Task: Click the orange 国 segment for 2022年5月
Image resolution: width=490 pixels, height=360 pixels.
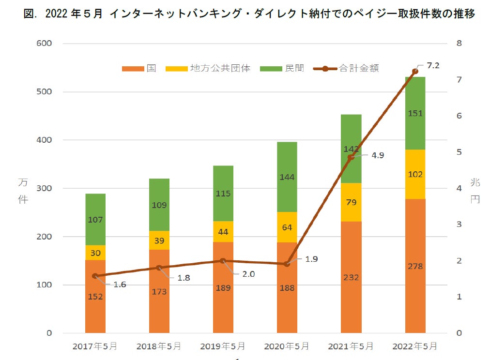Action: tap(415, 266)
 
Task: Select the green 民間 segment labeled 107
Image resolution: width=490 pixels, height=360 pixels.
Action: tap(95, 219)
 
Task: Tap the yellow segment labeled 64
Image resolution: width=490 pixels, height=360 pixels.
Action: tap(287, 227)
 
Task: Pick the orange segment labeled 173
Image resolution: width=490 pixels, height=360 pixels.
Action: tap(159, 291)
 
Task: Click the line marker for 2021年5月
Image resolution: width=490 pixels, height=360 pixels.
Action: tap(351, 157)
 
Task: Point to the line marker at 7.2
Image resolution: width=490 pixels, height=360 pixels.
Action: tap(415, 71)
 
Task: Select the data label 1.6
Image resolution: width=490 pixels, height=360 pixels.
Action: tap(119, 285)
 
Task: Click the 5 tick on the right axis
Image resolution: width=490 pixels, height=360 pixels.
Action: tap(459, 152)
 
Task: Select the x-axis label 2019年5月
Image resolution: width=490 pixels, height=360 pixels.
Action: tap(223, 346)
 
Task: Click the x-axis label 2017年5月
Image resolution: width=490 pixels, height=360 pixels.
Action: tap(95, 346)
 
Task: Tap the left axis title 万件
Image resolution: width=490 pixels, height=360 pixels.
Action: tap(23, 191)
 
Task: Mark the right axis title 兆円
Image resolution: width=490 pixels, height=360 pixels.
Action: tap(475, 191)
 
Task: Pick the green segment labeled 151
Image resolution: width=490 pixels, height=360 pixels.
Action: tap(415, 113)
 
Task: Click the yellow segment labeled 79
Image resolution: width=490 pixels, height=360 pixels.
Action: tap(351, 202)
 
